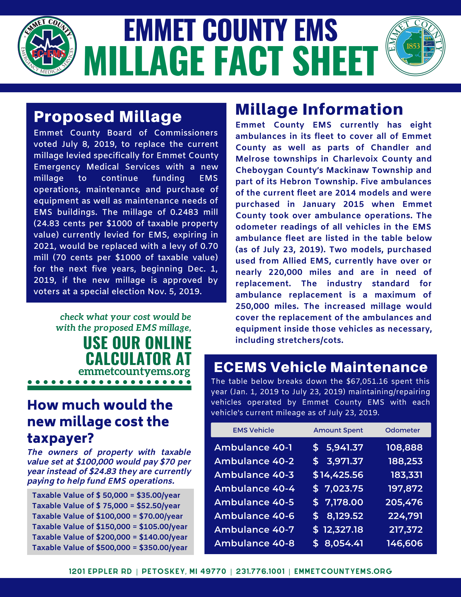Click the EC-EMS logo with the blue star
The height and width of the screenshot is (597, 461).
pos(47,46)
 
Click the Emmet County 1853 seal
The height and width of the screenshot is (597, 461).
pos(415,46)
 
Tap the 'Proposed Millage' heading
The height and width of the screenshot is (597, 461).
pos(108,117)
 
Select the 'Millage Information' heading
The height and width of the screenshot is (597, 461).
pos(319,109)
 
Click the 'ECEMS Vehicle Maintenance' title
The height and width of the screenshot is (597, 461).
pos(321,367)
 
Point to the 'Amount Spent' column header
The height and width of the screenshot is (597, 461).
pos(338,430)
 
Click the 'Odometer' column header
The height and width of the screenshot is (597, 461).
pos(402,430)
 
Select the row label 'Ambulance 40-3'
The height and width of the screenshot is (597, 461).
pos(254,475)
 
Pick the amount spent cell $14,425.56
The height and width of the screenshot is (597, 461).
pos(338,475)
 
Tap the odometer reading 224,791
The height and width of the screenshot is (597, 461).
pos(405,516)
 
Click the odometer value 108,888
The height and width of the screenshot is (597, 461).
pos(404,447)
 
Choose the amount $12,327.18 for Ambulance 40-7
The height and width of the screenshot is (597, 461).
pos(338,529)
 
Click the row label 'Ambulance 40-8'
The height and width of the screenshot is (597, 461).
pos(254,543)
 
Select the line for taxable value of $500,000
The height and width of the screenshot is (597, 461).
pos(110,548)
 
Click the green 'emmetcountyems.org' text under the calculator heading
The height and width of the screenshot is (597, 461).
pos(134,371)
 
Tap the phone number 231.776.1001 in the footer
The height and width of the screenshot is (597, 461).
pos(260,571)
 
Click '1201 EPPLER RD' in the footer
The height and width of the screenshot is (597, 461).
pos(100,571)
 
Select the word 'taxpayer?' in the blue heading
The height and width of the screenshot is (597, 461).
pos(60,439)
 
